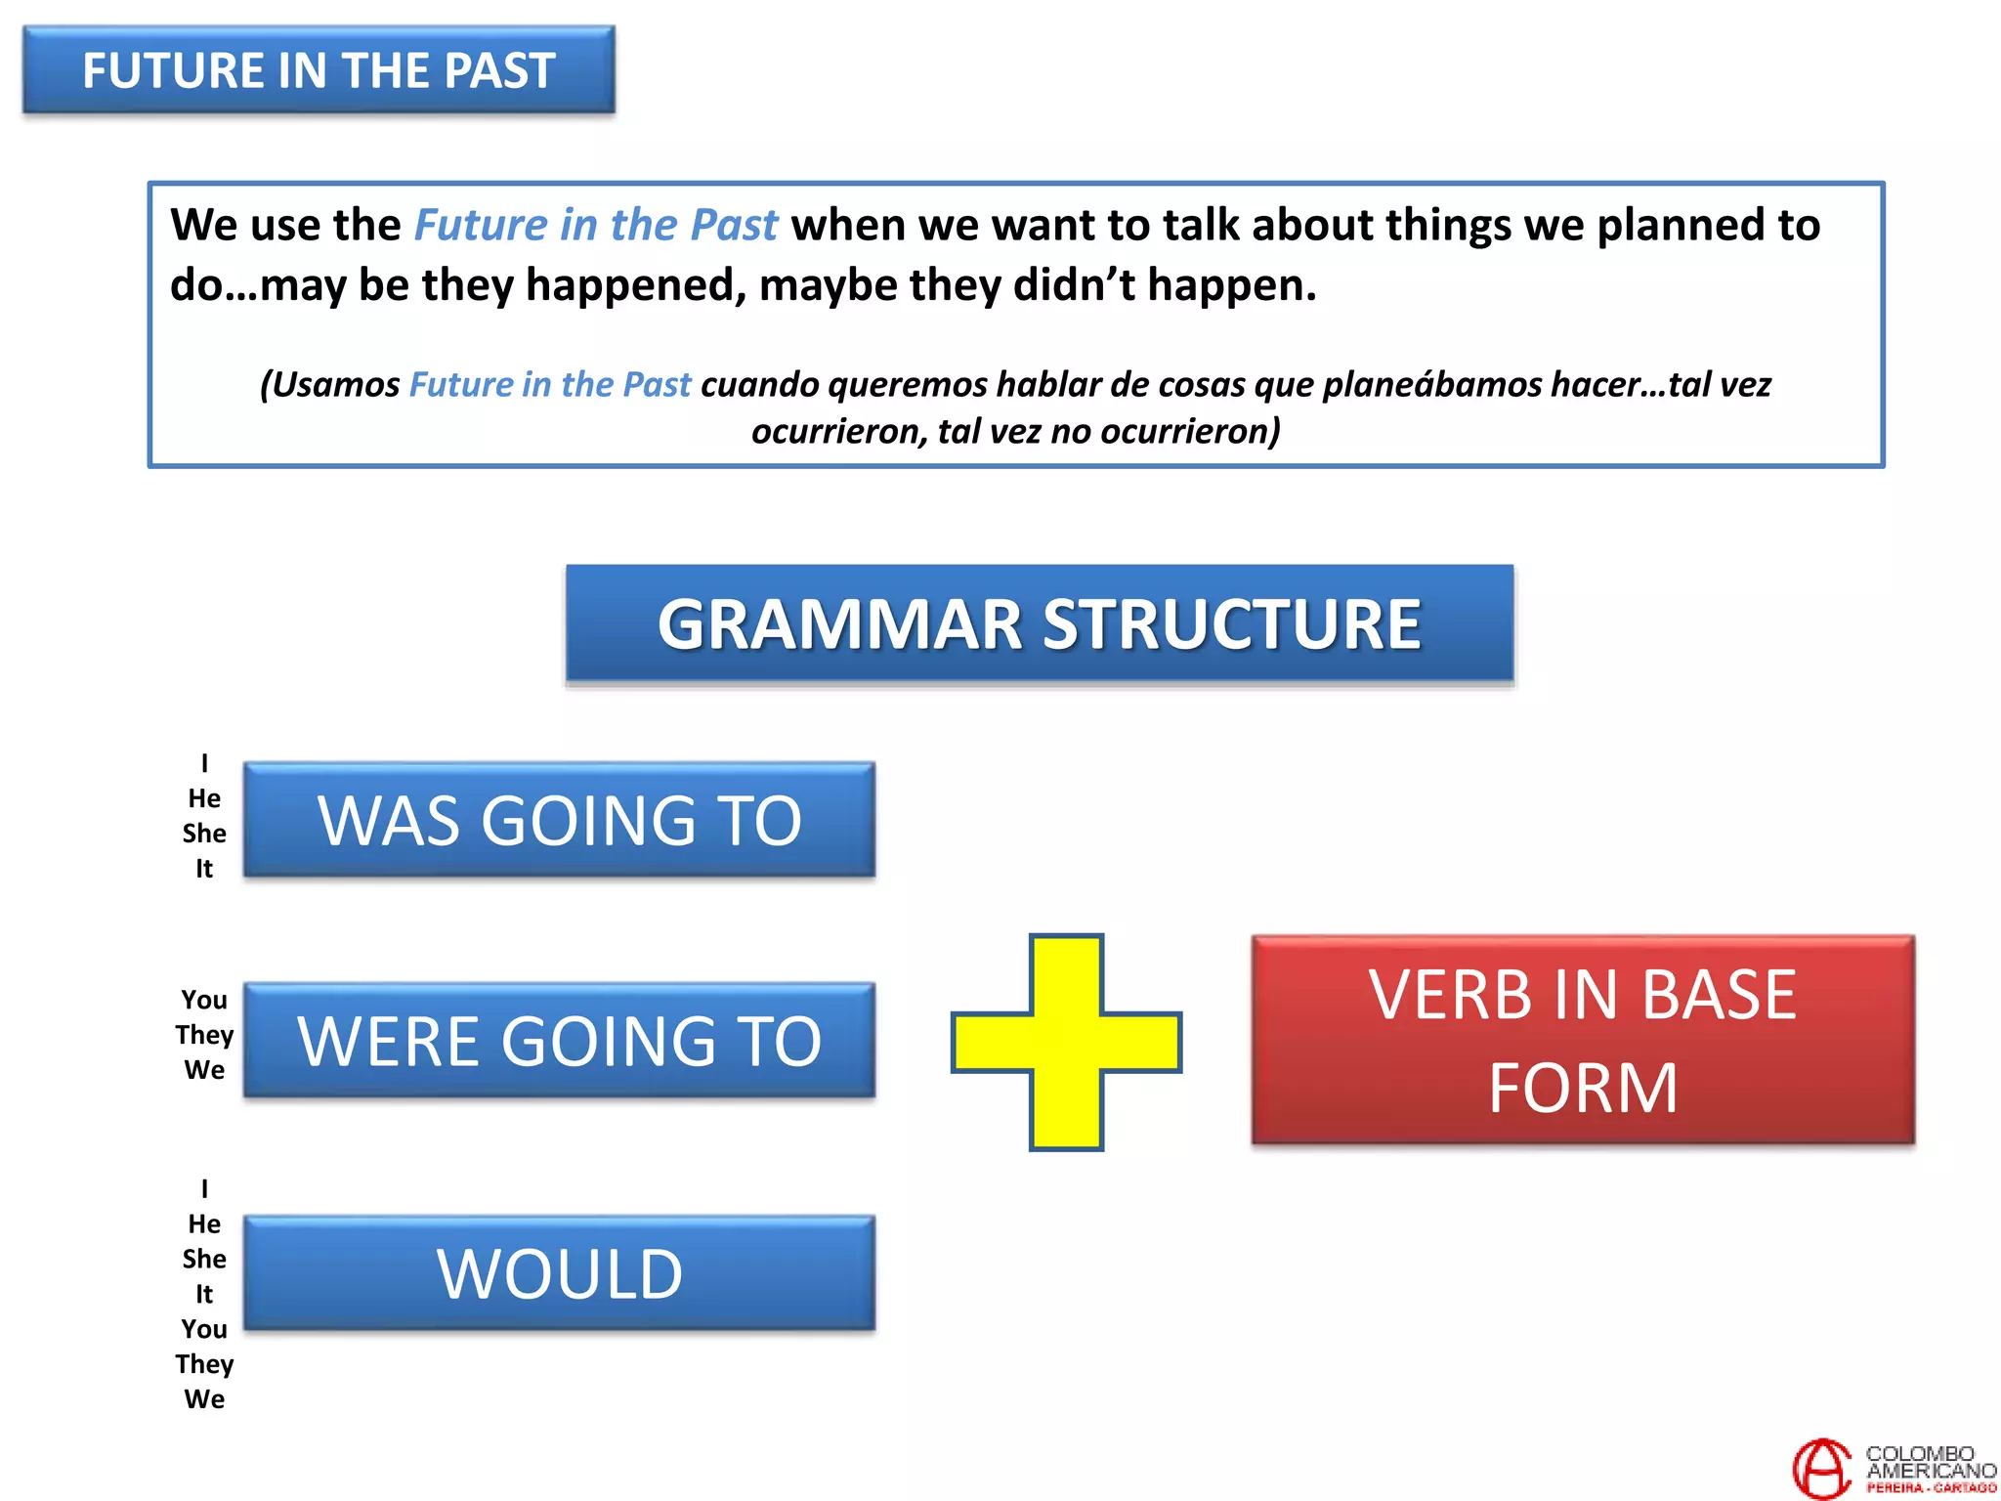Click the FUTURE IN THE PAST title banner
pos(319,70)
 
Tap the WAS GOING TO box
pos(559,820)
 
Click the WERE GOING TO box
pos(559,1041)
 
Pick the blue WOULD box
pos(559,1273)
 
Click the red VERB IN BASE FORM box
pos(1582,1041)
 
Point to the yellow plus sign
pos(1066,1042)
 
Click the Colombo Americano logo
pos(1893,1469)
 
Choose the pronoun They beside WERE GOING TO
pos(204,1035)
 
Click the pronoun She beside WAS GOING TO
pos(204,834)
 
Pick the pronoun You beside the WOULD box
pos(204,1329)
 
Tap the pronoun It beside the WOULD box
pos(204,1294)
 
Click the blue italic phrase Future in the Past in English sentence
pos(596,225)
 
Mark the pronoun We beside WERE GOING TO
pos(204,1070)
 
